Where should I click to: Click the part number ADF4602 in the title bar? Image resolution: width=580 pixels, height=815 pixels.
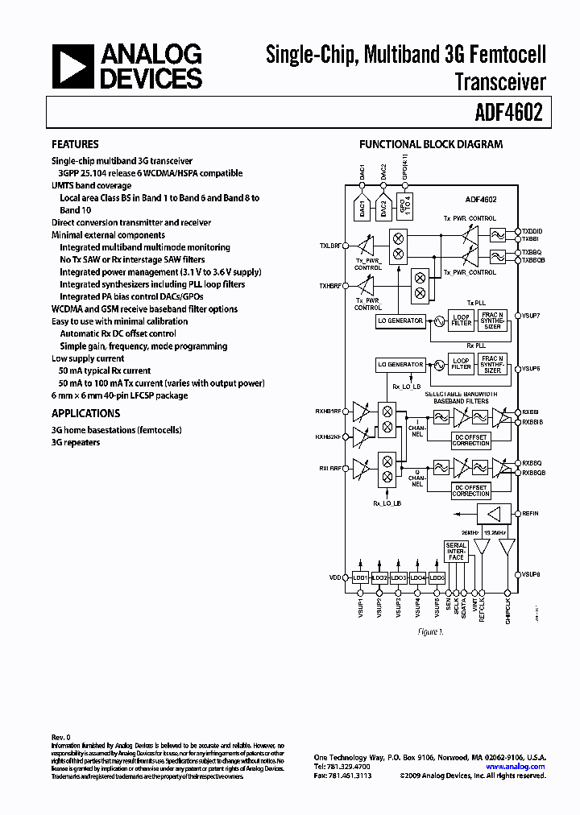click(514, 113)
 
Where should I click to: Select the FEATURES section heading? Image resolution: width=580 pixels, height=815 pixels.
click(75, 144)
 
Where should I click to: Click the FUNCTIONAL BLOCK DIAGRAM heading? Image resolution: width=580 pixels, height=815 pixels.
click(430, 144)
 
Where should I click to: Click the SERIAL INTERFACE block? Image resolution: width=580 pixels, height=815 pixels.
click(456, 552)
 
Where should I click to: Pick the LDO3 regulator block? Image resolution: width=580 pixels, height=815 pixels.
click(398, 577)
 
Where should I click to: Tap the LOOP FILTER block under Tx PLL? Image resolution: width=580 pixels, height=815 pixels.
click(461, 320)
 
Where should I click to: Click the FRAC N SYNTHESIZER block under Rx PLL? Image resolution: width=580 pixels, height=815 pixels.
click(492, 364)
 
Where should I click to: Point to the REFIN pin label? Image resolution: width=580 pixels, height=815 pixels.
click(531, 513)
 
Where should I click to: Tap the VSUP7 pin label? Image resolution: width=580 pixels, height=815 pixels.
click(531, 315)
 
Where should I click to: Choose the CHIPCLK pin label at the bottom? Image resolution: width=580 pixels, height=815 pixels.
click(507, 606)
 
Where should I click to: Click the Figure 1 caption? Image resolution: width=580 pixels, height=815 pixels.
click(430, 632)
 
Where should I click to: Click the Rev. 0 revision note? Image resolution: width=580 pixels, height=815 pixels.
click(62, 737)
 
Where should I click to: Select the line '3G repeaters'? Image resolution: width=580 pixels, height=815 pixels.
click(76, 442)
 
